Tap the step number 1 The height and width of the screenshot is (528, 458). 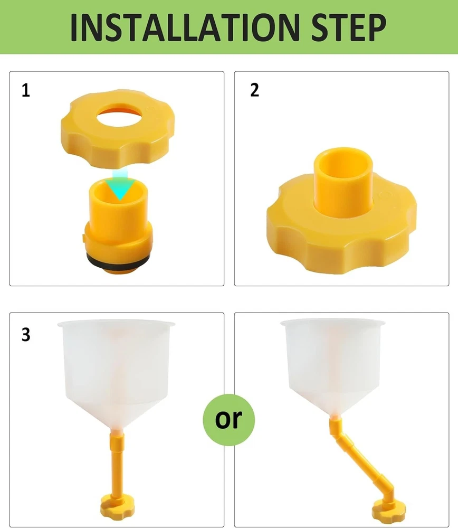26,91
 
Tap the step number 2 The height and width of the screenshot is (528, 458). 255,90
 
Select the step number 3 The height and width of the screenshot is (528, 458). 26,335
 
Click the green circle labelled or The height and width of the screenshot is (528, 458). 229,420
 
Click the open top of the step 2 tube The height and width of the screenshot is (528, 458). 343,157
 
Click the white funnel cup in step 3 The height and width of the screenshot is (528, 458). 117,374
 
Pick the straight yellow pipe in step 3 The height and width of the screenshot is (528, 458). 117,464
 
